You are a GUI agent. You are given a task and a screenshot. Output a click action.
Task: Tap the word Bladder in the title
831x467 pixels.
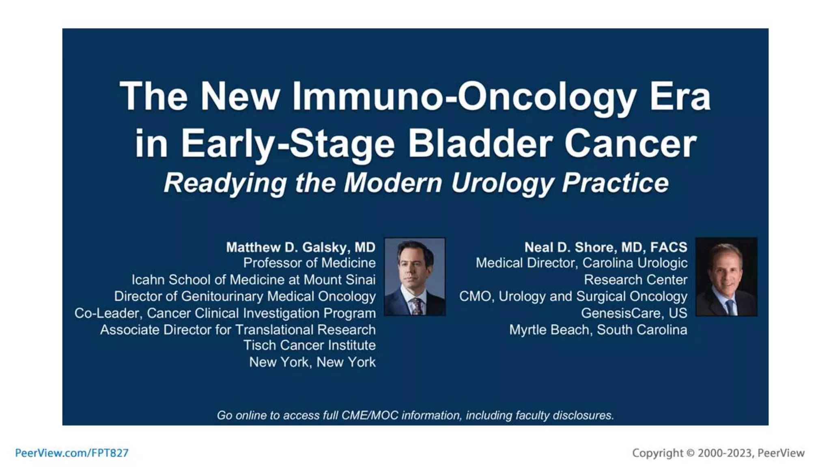coord(480,144)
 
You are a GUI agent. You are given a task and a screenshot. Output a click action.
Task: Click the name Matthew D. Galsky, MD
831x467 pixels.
coord(300,247)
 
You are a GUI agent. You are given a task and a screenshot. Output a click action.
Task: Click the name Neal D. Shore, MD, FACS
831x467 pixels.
coord(605,247)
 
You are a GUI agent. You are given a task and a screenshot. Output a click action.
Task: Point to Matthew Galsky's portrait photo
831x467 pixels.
coord(415,276)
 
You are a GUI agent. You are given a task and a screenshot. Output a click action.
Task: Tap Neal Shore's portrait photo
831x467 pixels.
coord(726,276)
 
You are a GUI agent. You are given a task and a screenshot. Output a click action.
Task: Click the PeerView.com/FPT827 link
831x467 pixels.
coord(72,453)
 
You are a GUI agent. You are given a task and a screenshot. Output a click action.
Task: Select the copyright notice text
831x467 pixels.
coord(718,453)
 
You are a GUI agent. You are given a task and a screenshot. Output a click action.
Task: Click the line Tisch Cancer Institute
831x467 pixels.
coord(309,345)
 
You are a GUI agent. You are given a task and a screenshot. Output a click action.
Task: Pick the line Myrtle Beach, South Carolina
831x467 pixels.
coord(598,330)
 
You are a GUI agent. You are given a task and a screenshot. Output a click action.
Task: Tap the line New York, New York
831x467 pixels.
coord(312,362)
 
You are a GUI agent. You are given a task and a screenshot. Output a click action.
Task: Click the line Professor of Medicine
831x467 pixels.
coord(309,263)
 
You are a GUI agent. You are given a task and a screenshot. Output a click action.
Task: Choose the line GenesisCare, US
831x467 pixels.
coord(634,313)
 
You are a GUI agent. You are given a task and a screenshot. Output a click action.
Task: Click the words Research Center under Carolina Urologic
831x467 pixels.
coord(635,280)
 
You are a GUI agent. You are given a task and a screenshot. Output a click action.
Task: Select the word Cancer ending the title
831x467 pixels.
coord(630,144)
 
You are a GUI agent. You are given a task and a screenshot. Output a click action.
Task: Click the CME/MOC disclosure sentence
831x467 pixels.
coord(415,415)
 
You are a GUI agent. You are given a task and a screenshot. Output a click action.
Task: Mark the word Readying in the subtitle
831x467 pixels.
coord(225,183)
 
